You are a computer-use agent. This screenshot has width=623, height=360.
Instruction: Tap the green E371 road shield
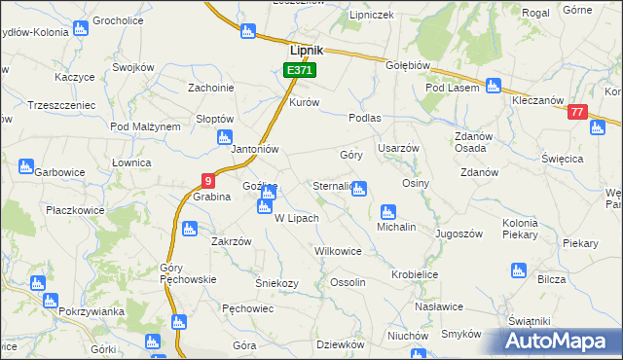[x=299, y=71]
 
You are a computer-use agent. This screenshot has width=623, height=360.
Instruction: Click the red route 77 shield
[x=578, y=113]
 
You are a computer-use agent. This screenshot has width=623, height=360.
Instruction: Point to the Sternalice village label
[x=332, y=185]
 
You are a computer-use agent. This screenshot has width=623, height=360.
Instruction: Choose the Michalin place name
[x=396, y=227]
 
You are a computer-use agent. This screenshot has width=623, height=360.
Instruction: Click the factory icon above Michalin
[x=388, y=211]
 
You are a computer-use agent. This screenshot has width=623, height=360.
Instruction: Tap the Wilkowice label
[x=338, y=251]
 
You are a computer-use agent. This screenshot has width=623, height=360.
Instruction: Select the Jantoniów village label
[x=255, y=150]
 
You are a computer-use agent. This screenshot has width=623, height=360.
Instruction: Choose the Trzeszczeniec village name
[x=61, y=104]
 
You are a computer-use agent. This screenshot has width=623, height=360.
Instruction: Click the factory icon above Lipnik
[x=247, y=30]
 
